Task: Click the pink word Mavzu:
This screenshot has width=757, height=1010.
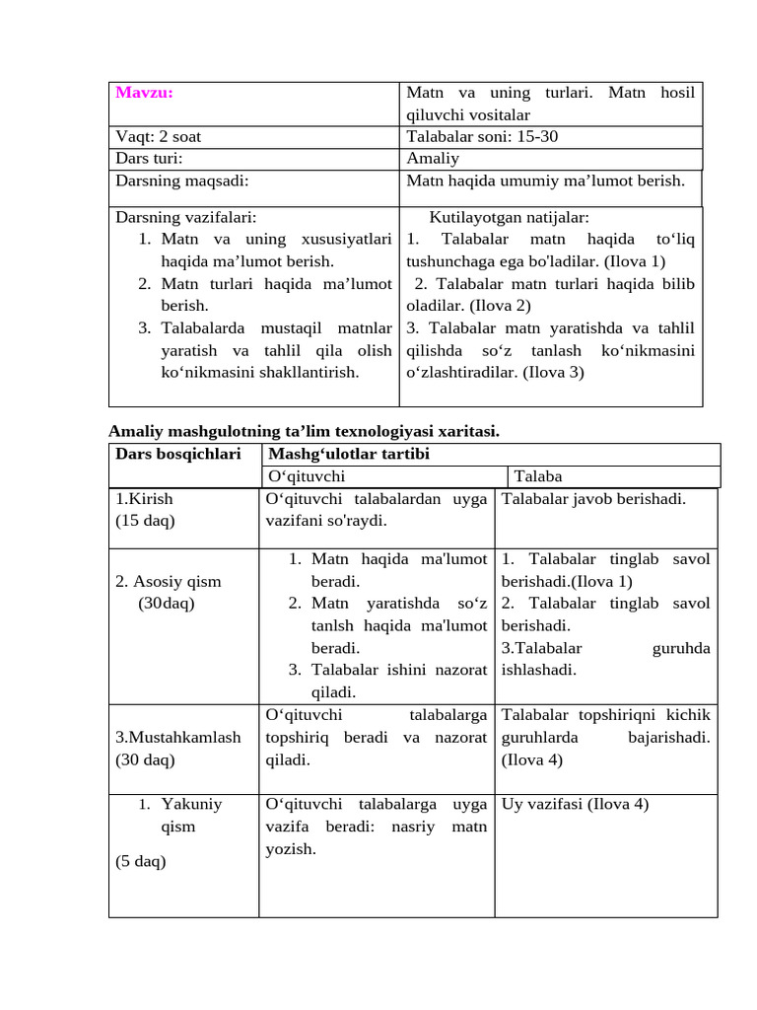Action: pyautogui.click(x=144, y=93)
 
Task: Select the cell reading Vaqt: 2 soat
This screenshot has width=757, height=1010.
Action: pyautogui.click(x=159, y=137)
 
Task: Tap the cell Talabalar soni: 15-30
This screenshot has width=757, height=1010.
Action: pyautogui.click(x=481, y=137)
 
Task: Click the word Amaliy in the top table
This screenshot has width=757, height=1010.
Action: pyautogui.click(x=433, y=158)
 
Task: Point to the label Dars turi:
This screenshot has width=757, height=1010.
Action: pyautogui.click(x=150, y=158)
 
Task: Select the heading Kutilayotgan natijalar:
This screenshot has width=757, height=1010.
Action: pyautogui.click(x=509, y=218)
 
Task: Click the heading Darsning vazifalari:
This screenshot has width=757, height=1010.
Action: pyautogui.click(x=186, y=218)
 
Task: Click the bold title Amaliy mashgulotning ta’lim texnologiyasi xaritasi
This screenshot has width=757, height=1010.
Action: pyautogui.click(x=304, y=431)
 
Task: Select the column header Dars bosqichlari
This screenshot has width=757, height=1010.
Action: pyautogui.click(x=178, y=454)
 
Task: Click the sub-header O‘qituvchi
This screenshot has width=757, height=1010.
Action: pyautogui.click(x=307, y=476)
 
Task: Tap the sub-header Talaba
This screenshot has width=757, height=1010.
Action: pyautogui.click(x=538, y=476)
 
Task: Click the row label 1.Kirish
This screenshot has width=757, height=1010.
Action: pyautogui.click(x=144, y=499)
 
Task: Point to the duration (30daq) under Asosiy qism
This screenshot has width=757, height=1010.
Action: pyautogui.click(x=167, y=604)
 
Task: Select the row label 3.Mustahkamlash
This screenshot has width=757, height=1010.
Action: pyautogui.click(x=178, y=737)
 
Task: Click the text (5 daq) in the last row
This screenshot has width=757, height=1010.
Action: pyautogui.click(x=141, y=861)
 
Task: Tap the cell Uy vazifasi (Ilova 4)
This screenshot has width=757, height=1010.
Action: pyautogui.click(x=576, y=804)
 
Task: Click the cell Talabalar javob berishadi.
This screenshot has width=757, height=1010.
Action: pyautogui.click(x=593, y=499)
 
